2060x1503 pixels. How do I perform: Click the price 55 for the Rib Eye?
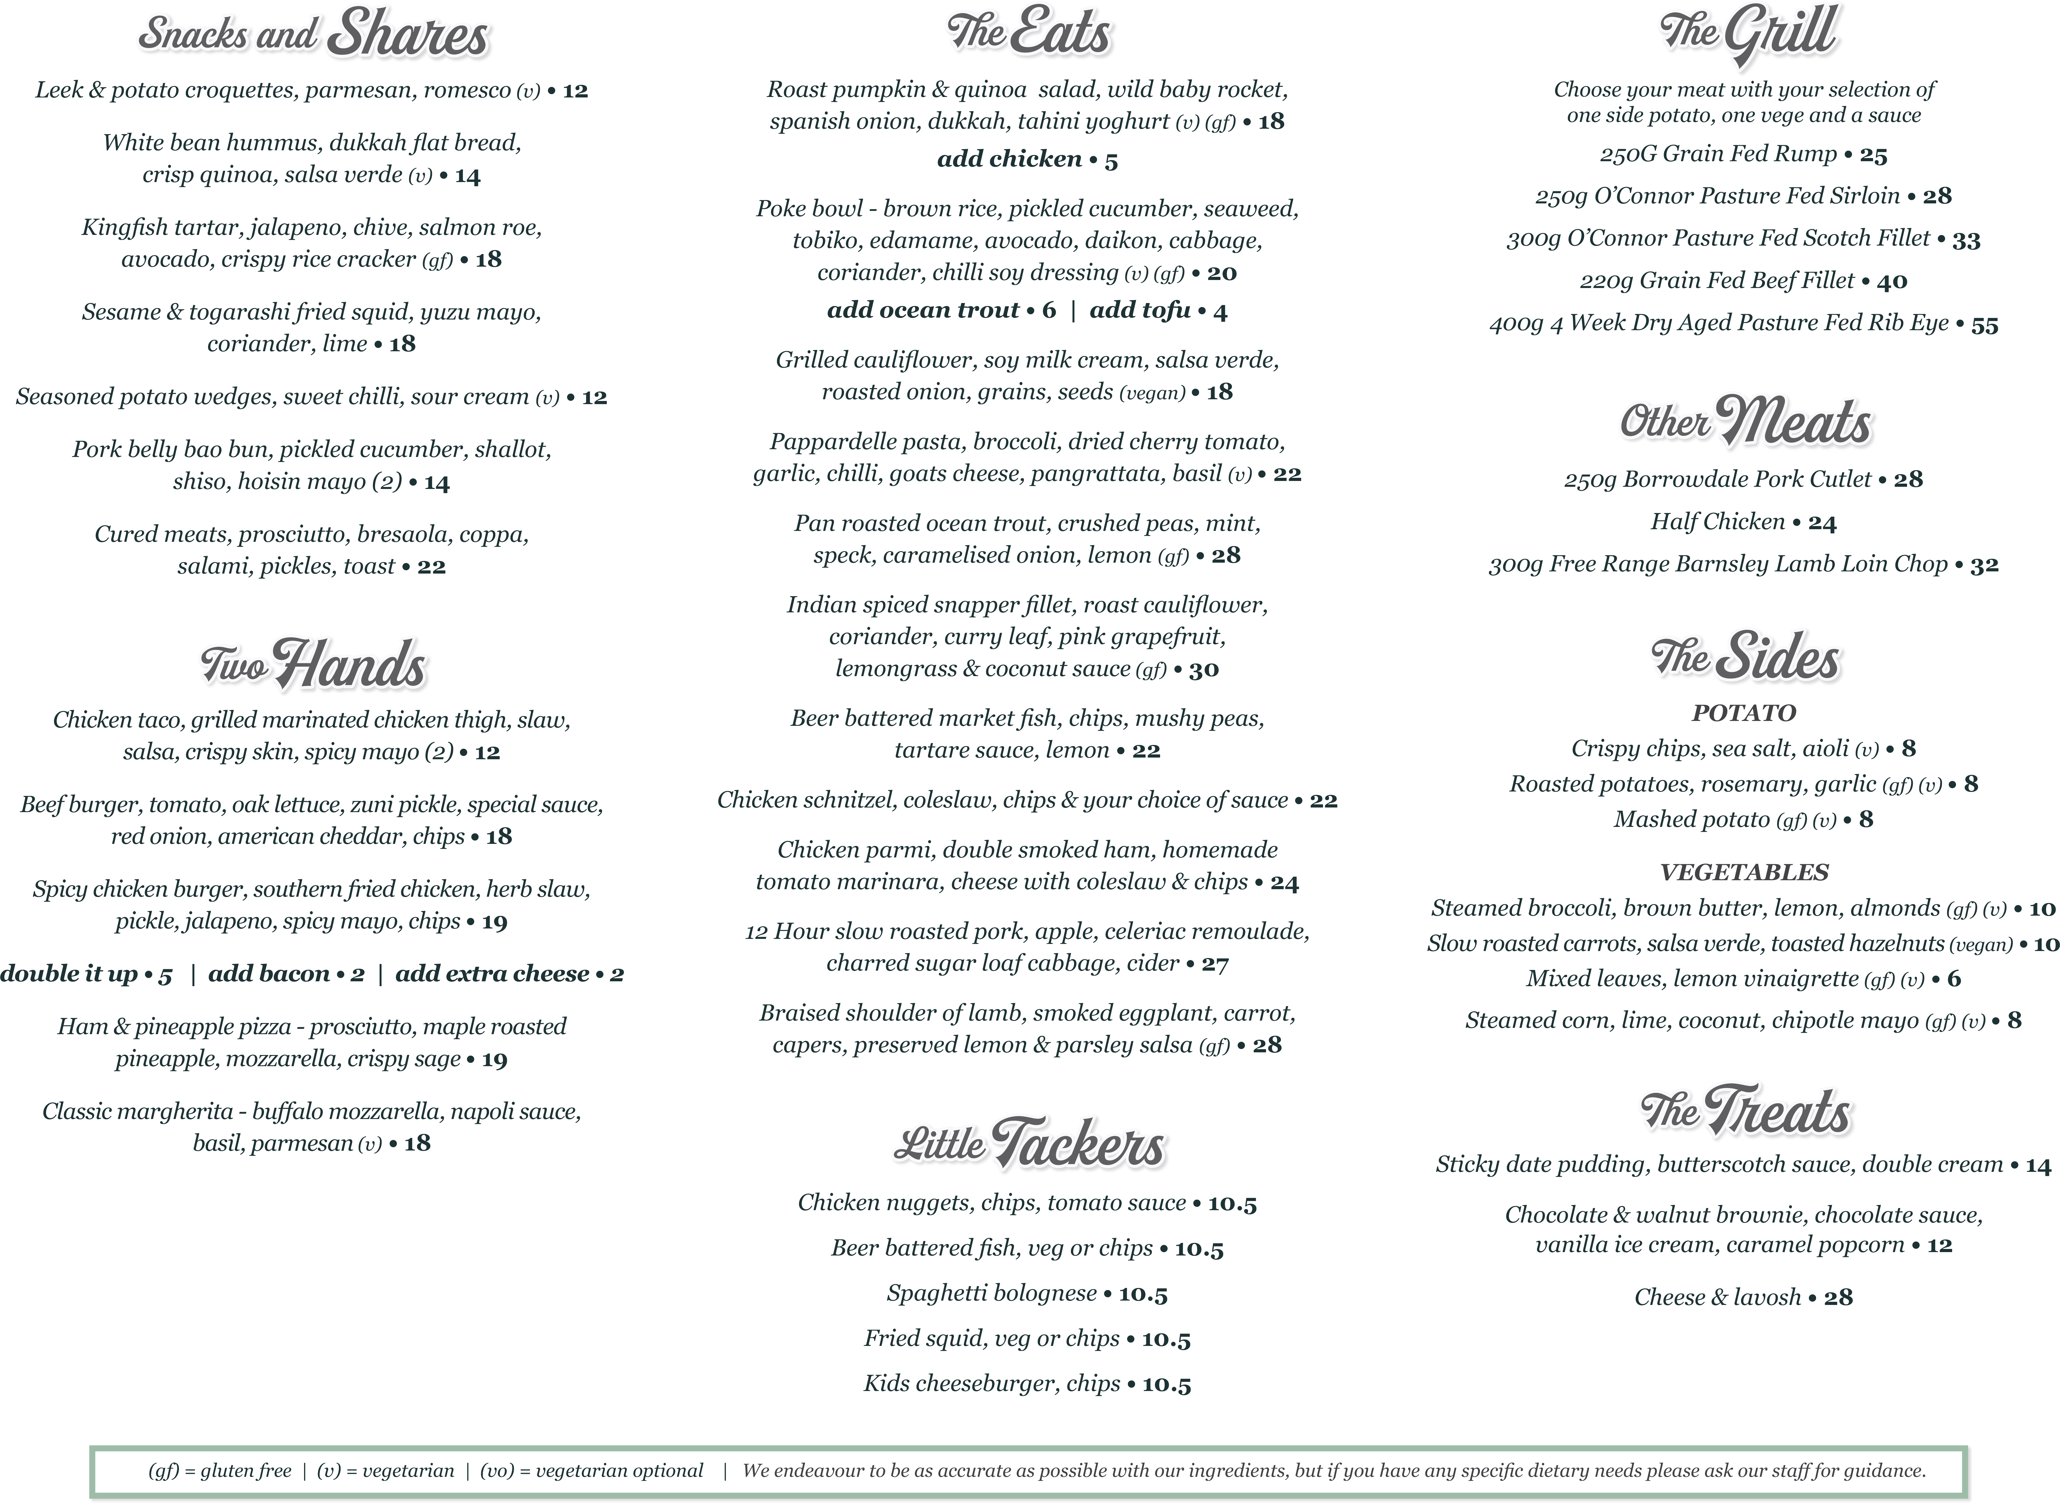click(1984, 325)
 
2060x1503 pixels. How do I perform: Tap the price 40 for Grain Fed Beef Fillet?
click(1892, 282)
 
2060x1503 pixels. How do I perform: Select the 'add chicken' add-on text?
click(1009, 159)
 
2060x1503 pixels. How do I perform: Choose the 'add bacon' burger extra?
click(268, 974)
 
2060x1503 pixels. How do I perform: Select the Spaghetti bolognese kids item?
click(991, 1294)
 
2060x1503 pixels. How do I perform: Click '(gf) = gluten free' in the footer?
click(219, 1471)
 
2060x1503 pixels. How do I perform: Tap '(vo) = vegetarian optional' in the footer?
click(592, 1471)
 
